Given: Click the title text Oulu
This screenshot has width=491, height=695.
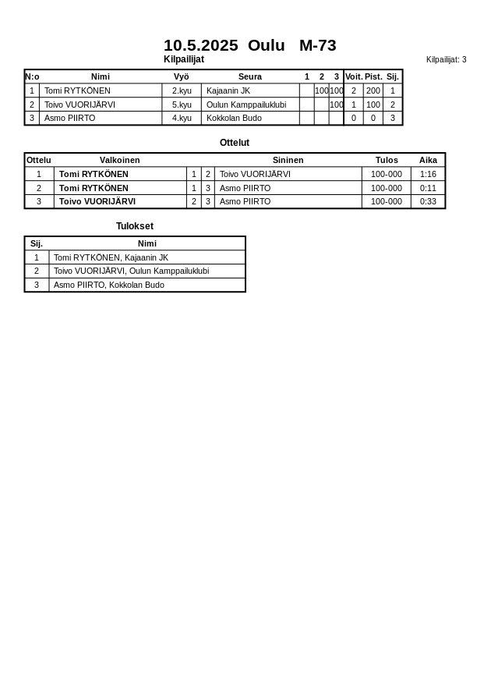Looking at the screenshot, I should pos(266,45).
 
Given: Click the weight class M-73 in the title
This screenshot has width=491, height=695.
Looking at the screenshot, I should pos(317,45).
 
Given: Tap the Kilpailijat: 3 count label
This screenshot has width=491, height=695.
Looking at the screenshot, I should pos(446,59).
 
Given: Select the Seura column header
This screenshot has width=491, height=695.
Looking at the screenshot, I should pos(249,76).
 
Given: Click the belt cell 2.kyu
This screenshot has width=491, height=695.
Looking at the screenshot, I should pos(182,90).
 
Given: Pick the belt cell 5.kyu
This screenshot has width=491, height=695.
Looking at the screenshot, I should pos(182,105).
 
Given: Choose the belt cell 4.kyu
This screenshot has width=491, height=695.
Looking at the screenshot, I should pos(182,118).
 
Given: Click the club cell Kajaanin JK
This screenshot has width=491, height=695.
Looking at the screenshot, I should pos(228,90).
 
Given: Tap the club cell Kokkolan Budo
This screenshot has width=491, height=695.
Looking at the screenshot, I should pos(234,118).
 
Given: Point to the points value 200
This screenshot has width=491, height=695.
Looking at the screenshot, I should pos(373,90).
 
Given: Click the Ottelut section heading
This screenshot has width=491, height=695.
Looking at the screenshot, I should pos(235,143).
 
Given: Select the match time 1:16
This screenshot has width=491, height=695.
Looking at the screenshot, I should pos(428,174).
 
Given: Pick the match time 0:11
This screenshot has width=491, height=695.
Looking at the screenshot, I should pos(428,188).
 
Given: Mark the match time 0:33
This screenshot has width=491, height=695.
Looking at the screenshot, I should pos(428,201).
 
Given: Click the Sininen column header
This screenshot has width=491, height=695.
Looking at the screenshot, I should pos(288,160).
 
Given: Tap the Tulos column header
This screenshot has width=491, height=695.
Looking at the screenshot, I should pos(387,160).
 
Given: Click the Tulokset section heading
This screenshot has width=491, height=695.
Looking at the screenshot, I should pos(135,226).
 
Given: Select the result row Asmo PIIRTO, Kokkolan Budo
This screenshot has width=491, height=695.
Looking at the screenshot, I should pos(109,285).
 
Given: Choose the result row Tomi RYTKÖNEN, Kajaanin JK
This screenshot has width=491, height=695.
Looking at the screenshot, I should pos(111,257).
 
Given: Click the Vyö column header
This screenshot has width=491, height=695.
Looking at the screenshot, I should pos(181,76).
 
